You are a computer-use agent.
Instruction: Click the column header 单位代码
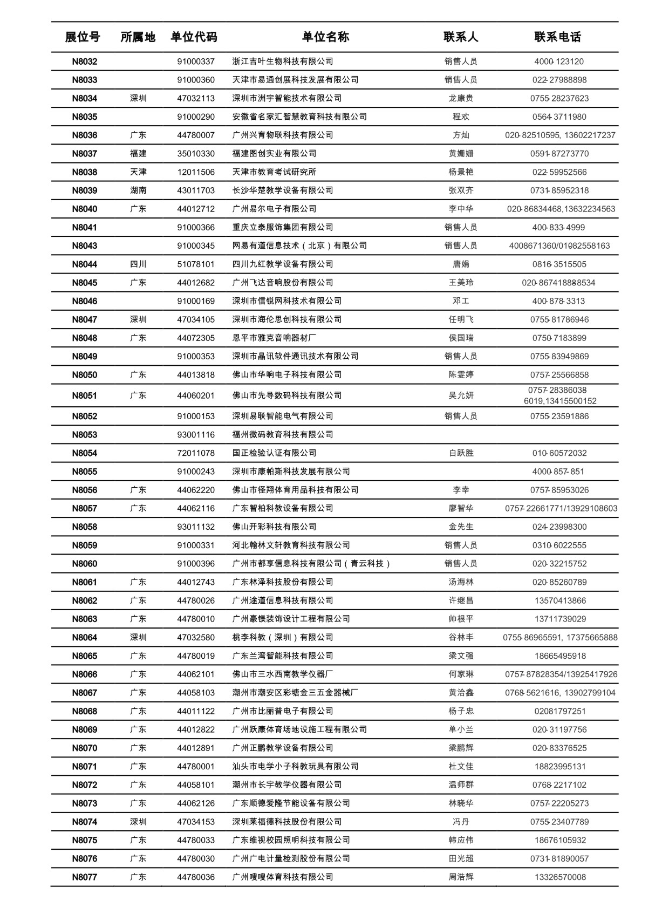pyautogui.click(x=194, y=37)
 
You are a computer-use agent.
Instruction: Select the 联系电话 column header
pyautogui.click(x=557, y=37)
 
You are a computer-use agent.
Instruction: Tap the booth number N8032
pyautogui.click(x=85, y=62)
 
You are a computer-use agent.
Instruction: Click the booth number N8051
pyautogui.click(x=85, y=395)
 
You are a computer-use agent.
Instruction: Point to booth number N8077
pyautogui.click(x=85, y=877)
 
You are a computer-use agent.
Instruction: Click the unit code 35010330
pyautogui.click(x=196, y=154)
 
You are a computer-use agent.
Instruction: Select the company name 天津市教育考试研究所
pyautogui.click(x=274, y=172)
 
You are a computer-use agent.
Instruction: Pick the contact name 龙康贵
pyautogui.click(x=461, y=98)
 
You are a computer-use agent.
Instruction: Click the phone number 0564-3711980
pyautogui.click(x=559, y=117)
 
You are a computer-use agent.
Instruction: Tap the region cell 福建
pyautogui.click(x=138, y=154)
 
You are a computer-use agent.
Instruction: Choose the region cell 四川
pyautogui.click(x=138, y=264)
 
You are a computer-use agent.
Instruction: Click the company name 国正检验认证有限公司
pyautogui.click(x=274, y=453)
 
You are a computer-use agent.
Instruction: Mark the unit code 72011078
pyautogui.click(x=196, y=453)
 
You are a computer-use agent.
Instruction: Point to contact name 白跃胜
pyautogui.click(x=461, y=453)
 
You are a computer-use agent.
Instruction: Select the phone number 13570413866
pyautogui.click(x=560, y=600)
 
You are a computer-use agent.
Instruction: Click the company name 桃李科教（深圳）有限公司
pyautogui.click(x=283, y=637)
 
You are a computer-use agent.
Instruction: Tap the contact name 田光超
pyautogui.click(x=461, y=858)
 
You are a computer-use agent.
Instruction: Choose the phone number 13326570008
pyautogui.click(x=560, y=877)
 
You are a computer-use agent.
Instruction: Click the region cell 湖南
pyautogui.click(x=138, y=190)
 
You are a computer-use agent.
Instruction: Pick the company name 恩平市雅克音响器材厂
pyautogui.click(x=274, y=338)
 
